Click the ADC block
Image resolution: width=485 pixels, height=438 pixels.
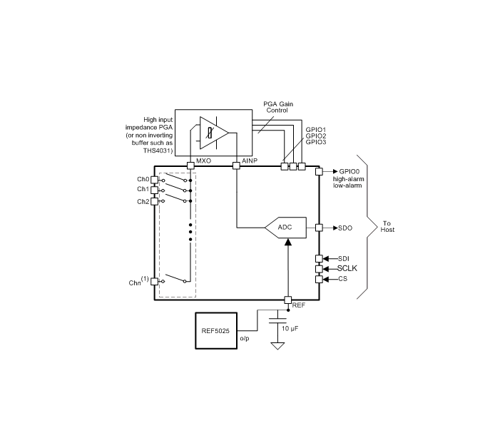pos(286,228)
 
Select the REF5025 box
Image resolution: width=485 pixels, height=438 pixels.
pos(216,331)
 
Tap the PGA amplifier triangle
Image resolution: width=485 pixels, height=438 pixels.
pos(214,133)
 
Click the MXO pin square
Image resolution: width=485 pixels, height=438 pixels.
pos(191,165)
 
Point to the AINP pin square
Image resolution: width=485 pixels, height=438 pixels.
pos(236,165)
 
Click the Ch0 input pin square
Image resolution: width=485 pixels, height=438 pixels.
pos(154,180)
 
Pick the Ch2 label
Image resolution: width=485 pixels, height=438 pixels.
pos(143,202)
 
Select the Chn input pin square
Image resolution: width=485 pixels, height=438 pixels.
pos(154,282)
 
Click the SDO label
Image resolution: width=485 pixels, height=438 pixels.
pos(345,228)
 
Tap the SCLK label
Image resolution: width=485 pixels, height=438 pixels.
pos(347,268)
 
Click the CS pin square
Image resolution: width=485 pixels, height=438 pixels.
pos(319,280)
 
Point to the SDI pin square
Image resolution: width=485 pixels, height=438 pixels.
pos(319,259)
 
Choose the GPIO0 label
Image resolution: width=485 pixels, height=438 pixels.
pos(349,172)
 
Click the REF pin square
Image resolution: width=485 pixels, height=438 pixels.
pos(288,300)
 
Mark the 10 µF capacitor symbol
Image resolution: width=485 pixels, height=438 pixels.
pos(277,320)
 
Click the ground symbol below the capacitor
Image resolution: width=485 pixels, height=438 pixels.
pos(277,346)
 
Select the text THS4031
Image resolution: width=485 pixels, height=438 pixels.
pos(158,151)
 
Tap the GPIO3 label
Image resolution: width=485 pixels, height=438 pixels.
pos(316,142)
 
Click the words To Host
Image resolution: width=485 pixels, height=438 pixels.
pos(387,226)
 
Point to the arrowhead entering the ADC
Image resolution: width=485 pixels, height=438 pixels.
pos(288,242)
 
